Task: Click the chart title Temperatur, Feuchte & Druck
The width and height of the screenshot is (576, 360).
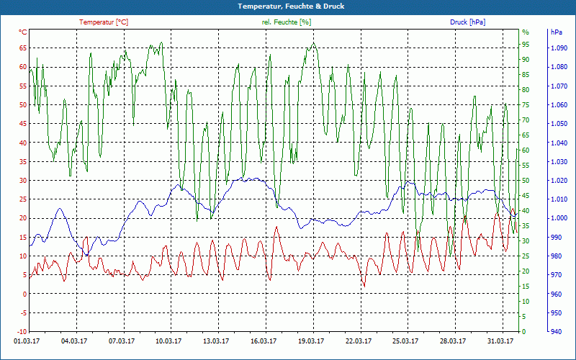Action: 288,6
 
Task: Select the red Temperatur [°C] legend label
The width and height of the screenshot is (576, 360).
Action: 104,22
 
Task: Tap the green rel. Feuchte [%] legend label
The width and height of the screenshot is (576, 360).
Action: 287,22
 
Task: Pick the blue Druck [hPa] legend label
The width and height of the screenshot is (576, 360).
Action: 467,22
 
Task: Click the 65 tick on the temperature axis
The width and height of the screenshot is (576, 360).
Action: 23,48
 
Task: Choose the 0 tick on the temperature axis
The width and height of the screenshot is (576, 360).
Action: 24,294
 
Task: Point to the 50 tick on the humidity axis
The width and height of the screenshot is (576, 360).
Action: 526,180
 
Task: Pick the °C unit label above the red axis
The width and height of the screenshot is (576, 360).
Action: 23,32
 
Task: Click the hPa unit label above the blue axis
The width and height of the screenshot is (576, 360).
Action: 557,32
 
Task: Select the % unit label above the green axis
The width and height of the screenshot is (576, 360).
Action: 526,32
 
